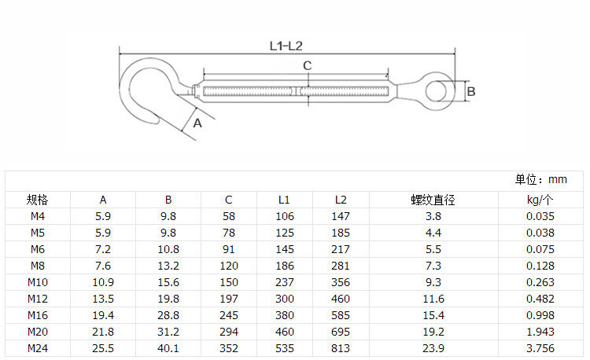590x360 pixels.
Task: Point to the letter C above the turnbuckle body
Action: [x=308, y=65]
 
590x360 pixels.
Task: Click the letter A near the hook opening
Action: [x=197, y=123]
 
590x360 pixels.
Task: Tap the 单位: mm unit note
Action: [x=540, y=180]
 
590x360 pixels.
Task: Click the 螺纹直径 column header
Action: [x=433, y=200]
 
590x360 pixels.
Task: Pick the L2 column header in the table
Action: [x=341, y=200]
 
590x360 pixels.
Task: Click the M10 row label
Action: [x=38, y=282]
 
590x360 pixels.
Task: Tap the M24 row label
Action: [x=38, y=348]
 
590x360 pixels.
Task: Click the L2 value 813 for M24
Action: [x=341, y=348]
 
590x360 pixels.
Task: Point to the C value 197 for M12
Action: [x=228, y=299]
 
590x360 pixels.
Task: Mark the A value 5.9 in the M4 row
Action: [x=103, y=216]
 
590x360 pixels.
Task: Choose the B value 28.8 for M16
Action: [x=168, y=315]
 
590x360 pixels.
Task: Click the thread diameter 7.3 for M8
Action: [x=433, y=266]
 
